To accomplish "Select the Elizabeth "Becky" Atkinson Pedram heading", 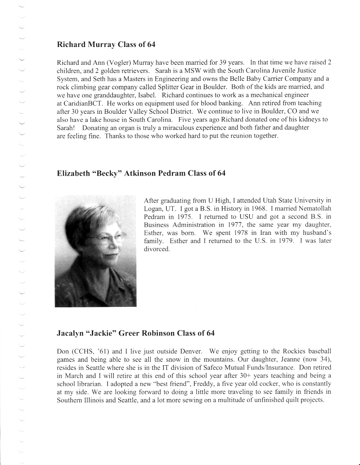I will (x=141, y=173).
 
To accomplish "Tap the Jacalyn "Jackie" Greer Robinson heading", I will (x=136, y=333).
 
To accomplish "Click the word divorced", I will (x=156, y=249).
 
